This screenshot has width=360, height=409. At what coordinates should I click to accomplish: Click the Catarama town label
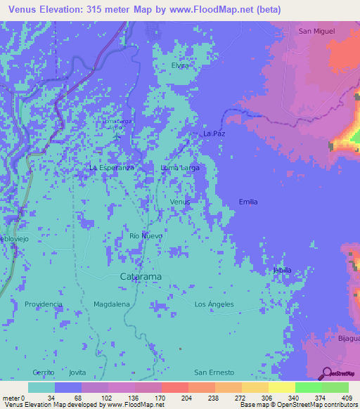coord(141,277)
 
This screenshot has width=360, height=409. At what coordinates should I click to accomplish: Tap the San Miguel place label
coord(316,31)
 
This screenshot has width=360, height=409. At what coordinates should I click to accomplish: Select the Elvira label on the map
coord(181,65)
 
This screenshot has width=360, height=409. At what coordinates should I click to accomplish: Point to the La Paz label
coord(213,132)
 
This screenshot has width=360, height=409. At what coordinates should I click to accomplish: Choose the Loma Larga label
coord(180,168)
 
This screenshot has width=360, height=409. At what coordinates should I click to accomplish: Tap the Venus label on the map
coord(180,202)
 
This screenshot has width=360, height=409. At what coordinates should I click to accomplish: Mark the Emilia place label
coord(248,202)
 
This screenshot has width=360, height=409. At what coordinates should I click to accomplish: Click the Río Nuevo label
coord(146,236)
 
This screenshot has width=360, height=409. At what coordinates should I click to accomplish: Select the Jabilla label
coord(282,270)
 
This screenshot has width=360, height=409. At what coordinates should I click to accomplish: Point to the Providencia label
coord(44,304)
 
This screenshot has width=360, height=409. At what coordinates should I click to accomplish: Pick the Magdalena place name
coord(111,304)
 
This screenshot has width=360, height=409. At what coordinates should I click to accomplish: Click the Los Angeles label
coord(214,304)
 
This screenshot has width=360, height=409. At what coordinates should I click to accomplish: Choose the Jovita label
coord(77,372)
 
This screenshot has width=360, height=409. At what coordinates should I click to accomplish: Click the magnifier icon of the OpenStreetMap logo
coord(326,372)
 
